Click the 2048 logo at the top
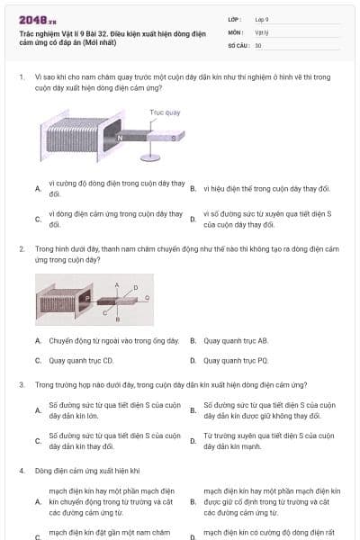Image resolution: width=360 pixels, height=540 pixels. (x=37, y=20)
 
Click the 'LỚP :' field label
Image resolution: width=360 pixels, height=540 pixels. (x=237, y=19)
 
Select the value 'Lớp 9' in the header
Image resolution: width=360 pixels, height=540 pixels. (x=262, y=19)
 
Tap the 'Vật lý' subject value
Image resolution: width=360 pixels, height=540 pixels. (x=261, y=31)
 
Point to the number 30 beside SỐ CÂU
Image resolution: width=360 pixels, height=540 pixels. (x=258, y=45)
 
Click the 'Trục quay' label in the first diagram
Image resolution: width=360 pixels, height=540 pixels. (x=165, y=112)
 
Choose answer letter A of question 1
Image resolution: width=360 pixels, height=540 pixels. (x=38, y=189)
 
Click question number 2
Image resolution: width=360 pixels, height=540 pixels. (x=21, y=247)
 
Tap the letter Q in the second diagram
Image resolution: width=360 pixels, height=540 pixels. (x=147, y=295)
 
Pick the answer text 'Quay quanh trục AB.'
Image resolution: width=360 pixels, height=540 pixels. (x=236, y=341)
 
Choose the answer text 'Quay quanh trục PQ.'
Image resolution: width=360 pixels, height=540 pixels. (x=236, y=360)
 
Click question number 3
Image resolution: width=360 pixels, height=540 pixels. (x=21, y=384)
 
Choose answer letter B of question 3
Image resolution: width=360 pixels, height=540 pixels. (x=193, y=410)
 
